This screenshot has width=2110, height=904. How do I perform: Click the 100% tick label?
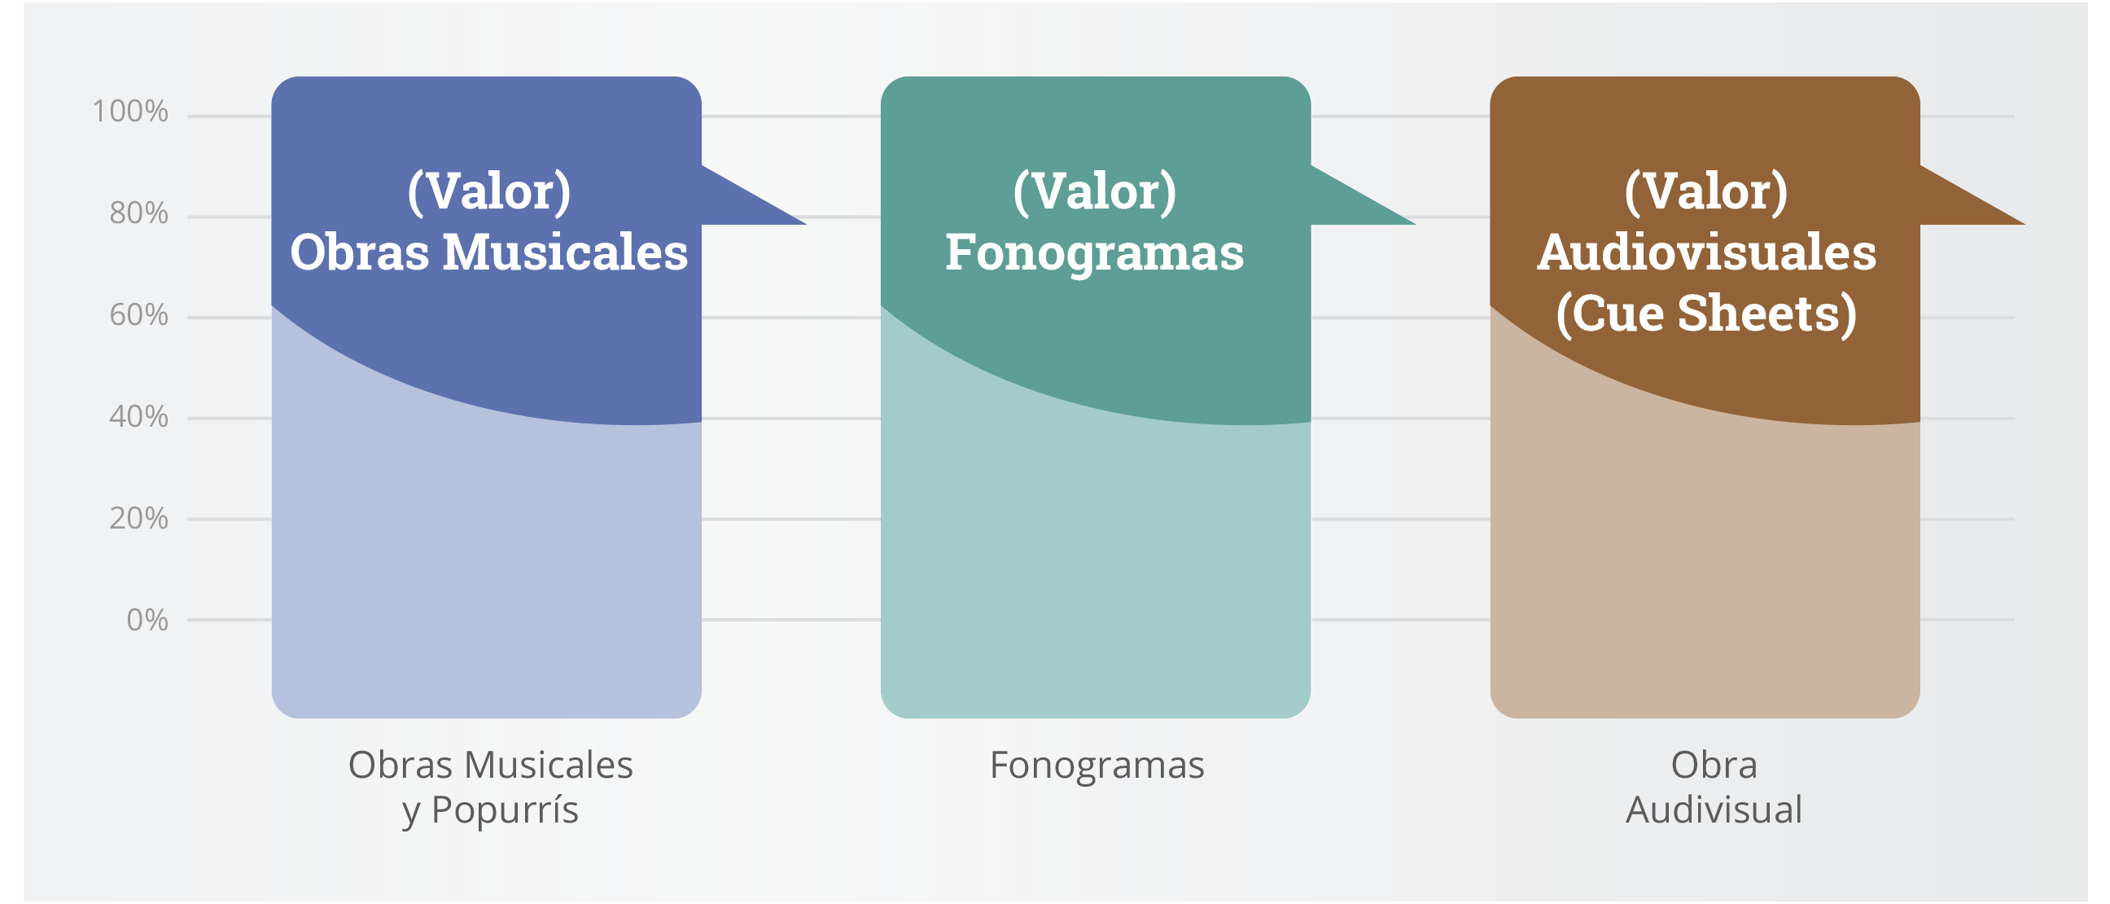point(129,112)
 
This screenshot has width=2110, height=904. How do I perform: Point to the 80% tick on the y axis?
point(138,213)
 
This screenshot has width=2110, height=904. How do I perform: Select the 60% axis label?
point(138,314)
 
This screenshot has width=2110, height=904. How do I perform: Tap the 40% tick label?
point(138,416)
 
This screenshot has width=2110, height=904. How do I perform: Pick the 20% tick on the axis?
point(138,518)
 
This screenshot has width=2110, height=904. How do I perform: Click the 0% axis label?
point(147,620)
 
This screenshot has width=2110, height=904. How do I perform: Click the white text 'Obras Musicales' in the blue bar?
point(489,252)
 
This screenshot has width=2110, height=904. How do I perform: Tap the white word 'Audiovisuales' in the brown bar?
point(1706,252)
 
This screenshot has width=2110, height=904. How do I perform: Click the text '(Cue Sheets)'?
point(1706,314)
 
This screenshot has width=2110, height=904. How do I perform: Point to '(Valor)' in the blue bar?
point(489,191)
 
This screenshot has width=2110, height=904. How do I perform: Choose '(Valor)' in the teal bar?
point(1094,191)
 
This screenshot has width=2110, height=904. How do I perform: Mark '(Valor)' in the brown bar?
point(1706,191)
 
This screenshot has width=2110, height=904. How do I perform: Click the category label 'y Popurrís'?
point(490,810)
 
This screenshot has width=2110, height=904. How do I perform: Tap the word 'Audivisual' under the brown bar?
point(1714,810)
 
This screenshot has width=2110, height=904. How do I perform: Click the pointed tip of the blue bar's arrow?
point(806,224)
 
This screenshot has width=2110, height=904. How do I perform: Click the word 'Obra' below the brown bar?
point(1714,766)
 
